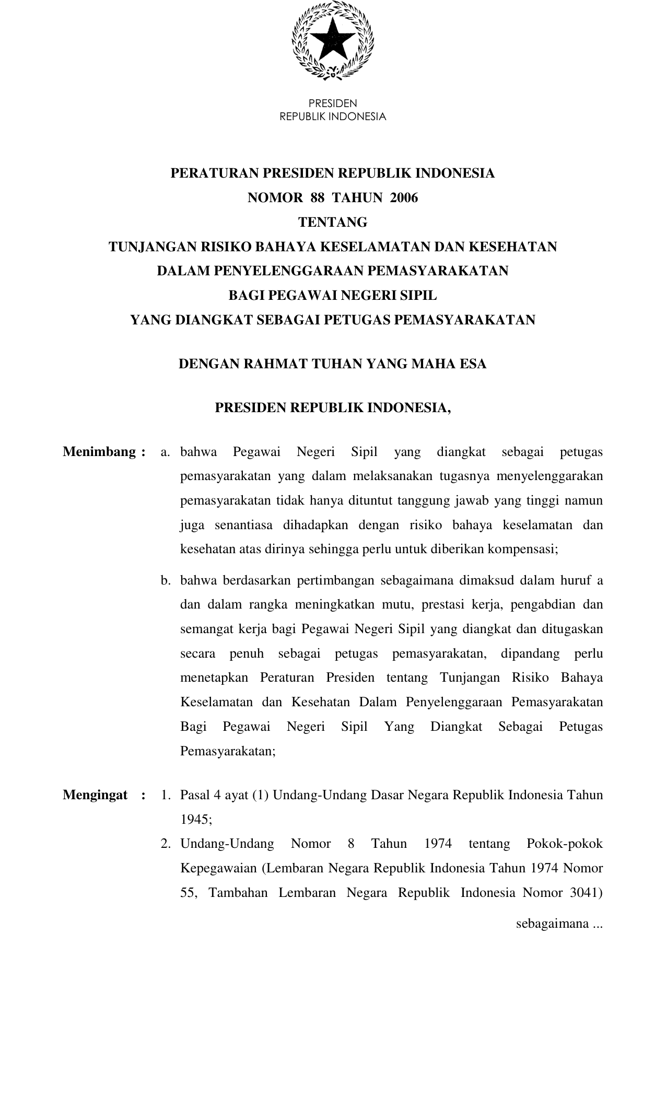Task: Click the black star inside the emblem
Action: [332, 40]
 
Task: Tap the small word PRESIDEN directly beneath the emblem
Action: [333, 103]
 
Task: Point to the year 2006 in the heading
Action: [404, 198]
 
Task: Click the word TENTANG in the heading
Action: [333, 223]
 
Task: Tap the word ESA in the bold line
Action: [473, 364]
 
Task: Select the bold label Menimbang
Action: [100, 452]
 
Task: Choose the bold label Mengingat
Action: [95, 795]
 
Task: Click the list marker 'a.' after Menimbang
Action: [166, 452]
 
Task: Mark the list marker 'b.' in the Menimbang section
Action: [166, 580]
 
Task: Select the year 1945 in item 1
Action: [195, 820]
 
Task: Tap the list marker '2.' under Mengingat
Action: [166, 844]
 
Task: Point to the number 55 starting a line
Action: [188, 893]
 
